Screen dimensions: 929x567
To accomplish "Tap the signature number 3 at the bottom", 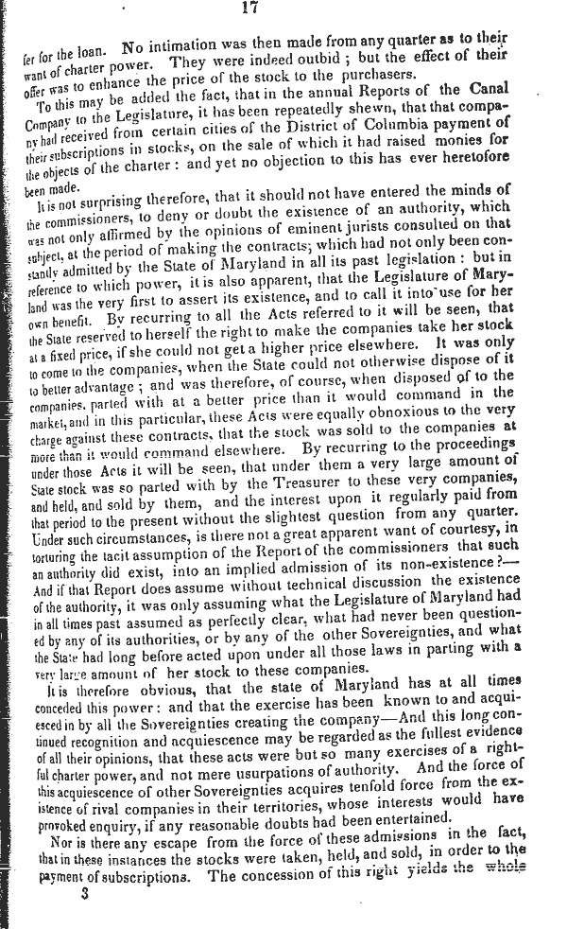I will click(x=84, y=889).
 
